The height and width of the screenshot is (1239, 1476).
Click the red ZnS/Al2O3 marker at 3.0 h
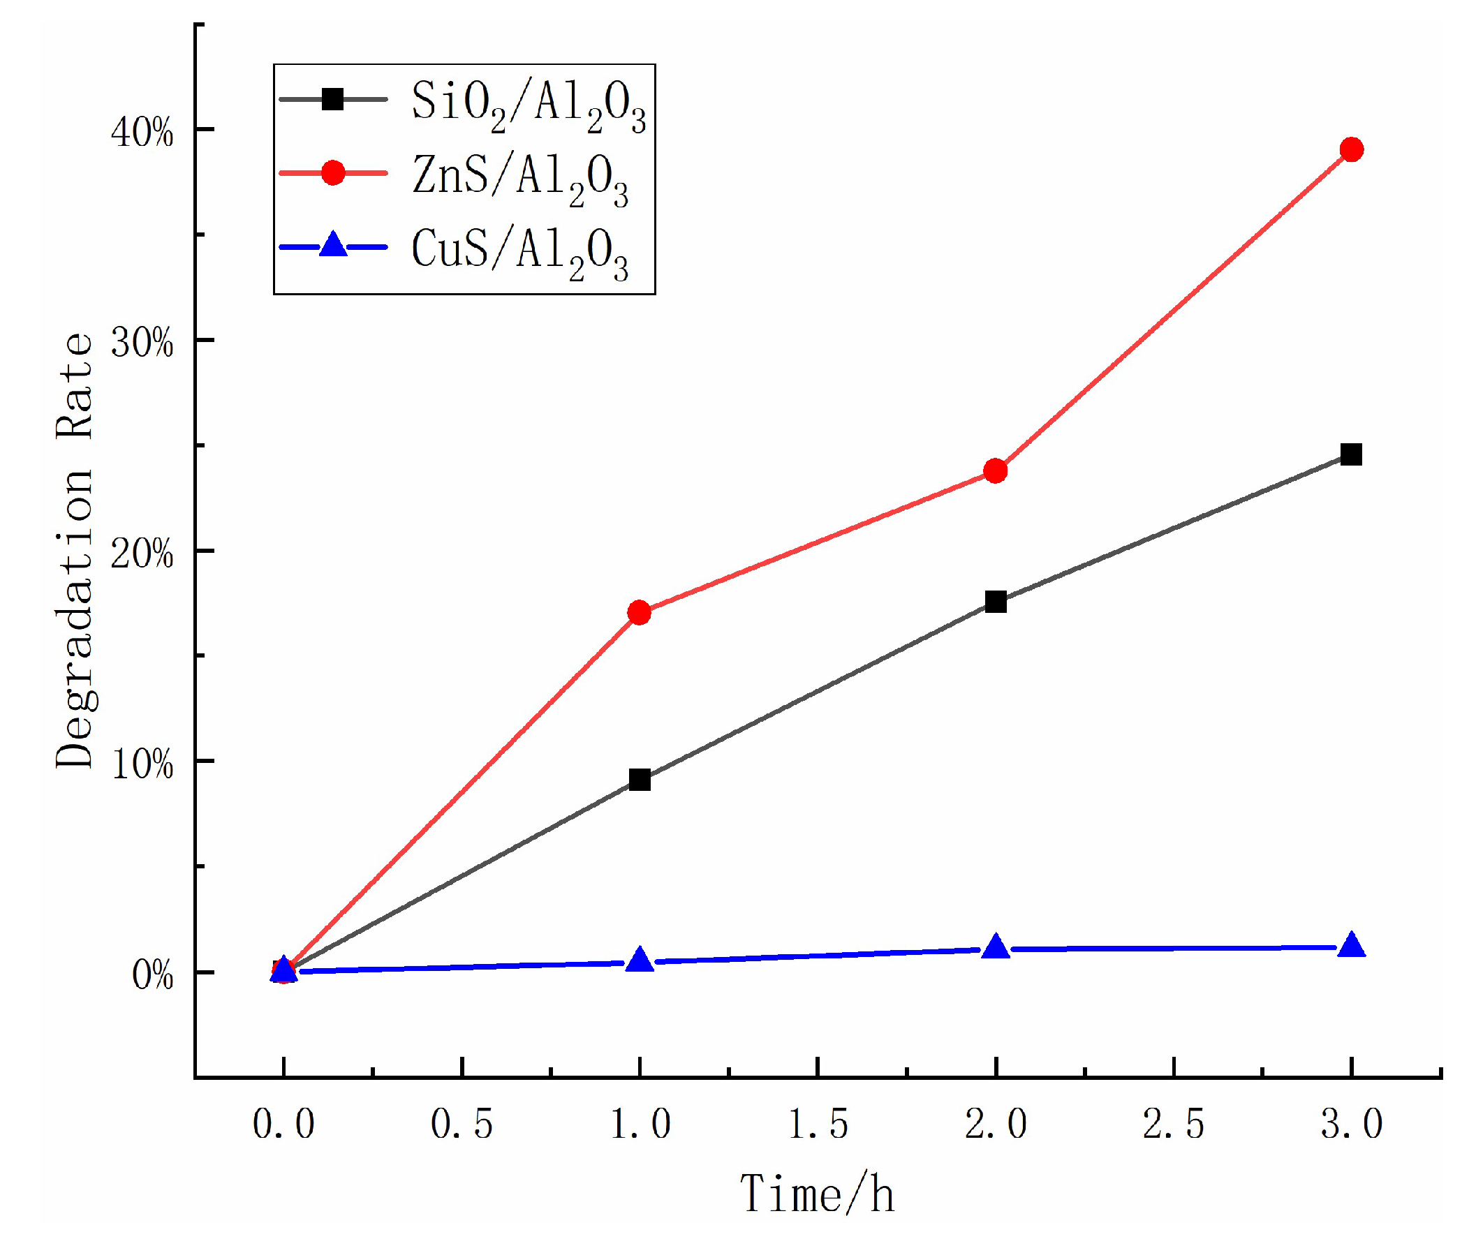point(1351,149)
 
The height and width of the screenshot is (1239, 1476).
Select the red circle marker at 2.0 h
point(995,470)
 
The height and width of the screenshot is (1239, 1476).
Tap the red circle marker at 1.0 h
point(639,613)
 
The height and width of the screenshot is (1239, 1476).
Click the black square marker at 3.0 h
point(1351,454)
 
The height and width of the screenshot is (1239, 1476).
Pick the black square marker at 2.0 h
point(995,602)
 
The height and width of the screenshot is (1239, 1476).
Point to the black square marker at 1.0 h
point(640,780)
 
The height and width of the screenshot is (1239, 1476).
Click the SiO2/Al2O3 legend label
point(528,105)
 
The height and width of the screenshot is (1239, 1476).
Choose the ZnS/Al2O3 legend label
point(519,179)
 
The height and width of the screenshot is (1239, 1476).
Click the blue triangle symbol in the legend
point(333,246)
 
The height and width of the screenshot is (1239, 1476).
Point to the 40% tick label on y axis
point(142,132)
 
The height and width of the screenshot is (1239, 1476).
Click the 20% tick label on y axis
point(142,554)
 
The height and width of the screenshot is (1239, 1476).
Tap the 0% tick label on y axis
point(152,975)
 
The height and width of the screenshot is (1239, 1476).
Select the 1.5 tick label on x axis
point(818,1123)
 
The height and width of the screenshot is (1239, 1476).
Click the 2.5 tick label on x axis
point(1173,1123)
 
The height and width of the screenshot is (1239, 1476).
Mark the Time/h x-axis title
point(818,1194)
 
